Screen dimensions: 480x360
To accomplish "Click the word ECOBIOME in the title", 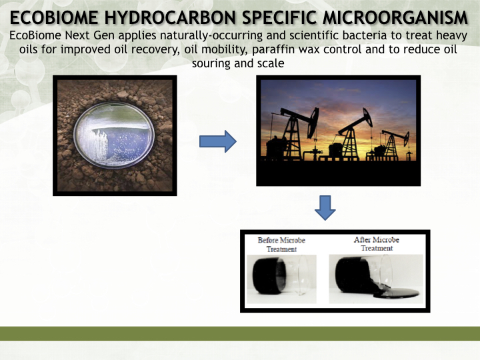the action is (54, 17).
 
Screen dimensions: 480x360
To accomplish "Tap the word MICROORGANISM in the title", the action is (395, 17).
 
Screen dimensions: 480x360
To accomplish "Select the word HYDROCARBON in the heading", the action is (170, 17).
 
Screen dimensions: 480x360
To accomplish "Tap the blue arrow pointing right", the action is (217, 141).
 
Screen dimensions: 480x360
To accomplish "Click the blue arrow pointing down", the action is (325, 208).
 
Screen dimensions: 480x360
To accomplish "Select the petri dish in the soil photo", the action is (114, 135).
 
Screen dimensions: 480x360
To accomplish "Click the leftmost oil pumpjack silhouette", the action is (294, 135).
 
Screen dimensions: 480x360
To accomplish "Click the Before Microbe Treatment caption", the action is (281, 244).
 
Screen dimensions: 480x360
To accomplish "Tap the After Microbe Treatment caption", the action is (377, 244).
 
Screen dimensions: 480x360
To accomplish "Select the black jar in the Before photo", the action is (269, 276).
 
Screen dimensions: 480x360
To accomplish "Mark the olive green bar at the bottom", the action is (240, 334).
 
